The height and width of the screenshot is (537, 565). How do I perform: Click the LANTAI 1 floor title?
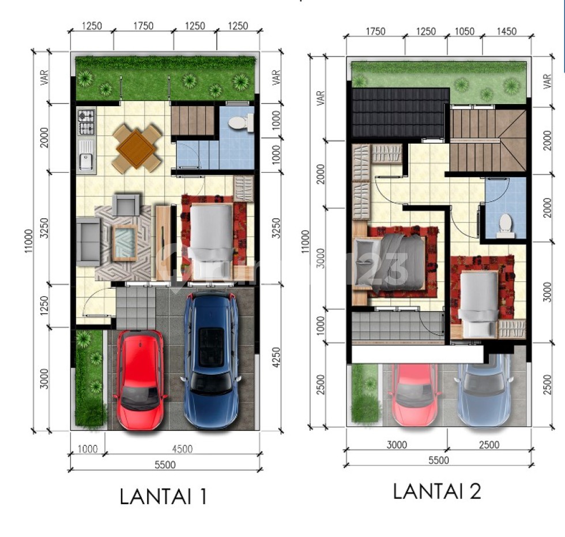(x=163, y=497)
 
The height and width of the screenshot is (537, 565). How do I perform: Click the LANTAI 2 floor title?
(x=436, y=491)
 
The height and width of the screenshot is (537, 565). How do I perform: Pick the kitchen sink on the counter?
(x=86, y=155)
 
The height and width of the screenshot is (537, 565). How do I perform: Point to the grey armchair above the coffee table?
(x=126, y=205)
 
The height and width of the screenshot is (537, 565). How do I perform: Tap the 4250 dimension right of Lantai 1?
(x=276, y=357)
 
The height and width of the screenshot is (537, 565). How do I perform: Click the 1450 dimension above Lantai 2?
(x=507, y=32)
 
